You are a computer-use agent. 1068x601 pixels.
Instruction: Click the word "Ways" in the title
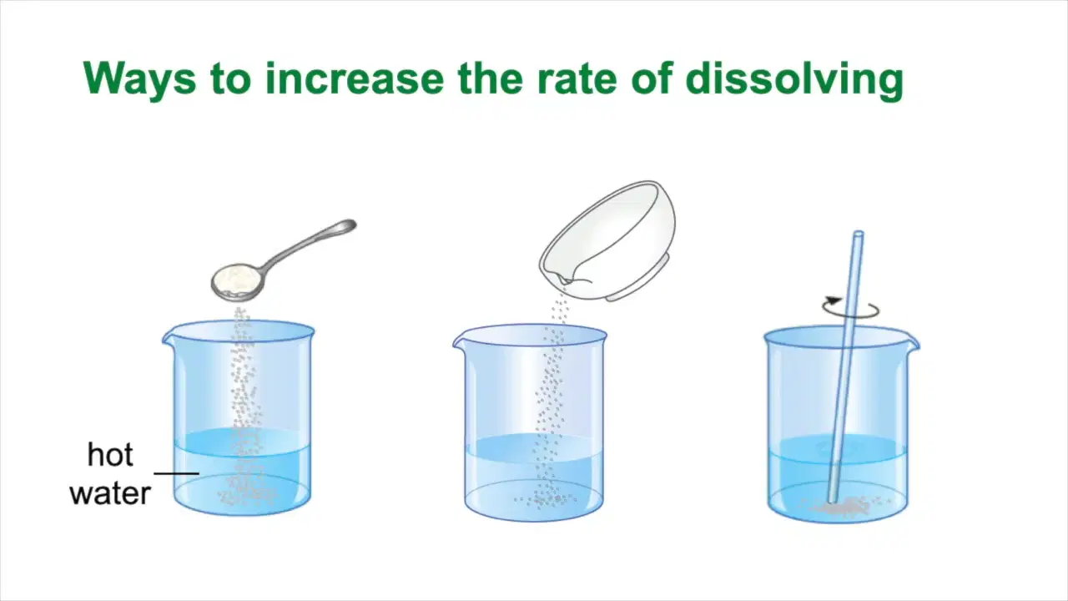[139, 79]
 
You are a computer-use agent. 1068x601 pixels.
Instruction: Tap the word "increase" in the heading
[355, 78]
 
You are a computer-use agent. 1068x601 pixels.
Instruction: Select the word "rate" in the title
[577, 79]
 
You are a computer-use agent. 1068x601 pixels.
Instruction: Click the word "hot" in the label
[110, 455]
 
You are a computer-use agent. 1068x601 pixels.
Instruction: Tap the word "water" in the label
[110, 493]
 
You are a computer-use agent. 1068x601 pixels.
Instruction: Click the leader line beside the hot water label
[176, 473]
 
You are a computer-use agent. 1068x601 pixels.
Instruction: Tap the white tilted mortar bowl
[608, 241]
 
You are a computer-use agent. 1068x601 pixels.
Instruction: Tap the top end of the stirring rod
[858, 235]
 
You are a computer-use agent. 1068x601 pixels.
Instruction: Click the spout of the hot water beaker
[167, 336]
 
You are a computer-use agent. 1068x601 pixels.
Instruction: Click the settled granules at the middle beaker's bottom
[546, 499]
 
